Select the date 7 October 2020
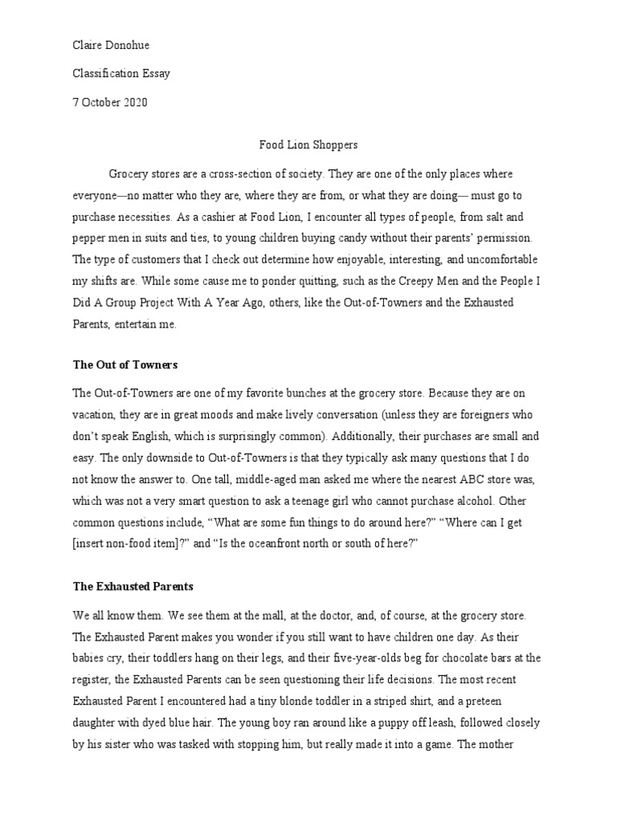(x=110, y=102)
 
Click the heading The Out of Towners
(x=125, y=364)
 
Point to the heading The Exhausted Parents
(x=133, y=586)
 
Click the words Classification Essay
(x=121, y=73)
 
